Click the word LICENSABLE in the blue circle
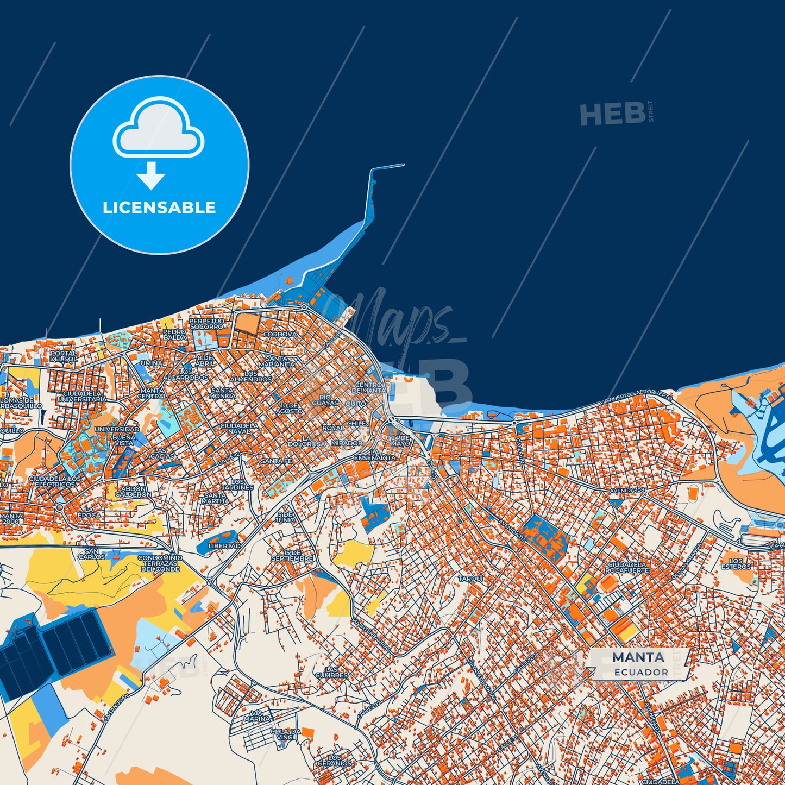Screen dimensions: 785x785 tap(159, 208)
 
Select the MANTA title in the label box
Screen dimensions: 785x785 tap(638, 657)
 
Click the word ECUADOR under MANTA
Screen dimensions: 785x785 tap(641, 672)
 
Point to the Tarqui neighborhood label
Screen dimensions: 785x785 tap(470, 579)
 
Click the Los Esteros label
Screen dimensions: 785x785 tap(736, 563)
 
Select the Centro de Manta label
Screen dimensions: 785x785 tap(368, 387)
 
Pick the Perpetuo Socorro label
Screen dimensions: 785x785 tap(206, 324)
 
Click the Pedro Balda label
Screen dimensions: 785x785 tap(175, 334)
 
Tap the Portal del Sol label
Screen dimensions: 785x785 tap(64, 356)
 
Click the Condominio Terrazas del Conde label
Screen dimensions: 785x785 tap(160, 563)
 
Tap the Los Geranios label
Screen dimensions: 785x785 tap(335, 760)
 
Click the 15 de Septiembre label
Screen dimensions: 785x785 tap(292, 555)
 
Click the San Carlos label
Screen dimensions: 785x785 tap(92, 554)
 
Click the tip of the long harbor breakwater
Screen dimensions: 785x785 tap(403, 164)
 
